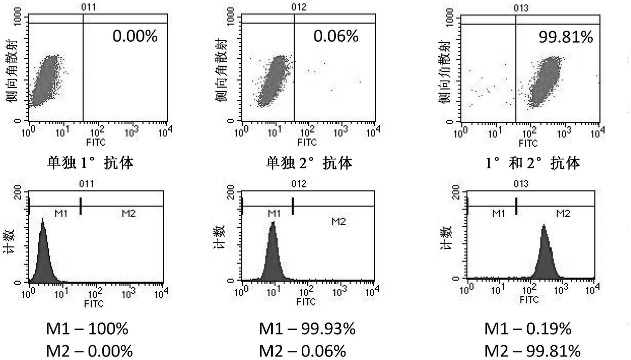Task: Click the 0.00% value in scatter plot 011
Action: [135, 36]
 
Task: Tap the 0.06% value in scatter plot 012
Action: [336, 36]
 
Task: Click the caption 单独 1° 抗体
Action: [90, 163]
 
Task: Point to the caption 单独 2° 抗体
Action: [309, 163]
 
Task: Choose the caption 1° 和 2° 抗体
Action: [533, 163]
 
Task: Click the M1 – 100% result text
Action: [87, 329]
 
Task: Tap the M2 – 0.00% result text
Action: [89, 351]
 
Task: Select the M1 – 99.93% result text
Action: [307, 329]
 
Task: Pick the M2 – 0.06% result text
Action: [303, 351]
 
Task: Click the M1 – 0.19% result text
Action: [528, 329]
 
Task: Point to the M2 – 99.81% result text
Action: [532, 351]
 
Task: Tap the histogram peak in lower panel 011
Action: [43, 219]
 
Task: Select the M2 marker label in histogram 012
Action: [338, 221]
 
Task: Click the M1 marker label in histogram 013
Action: [498, 213]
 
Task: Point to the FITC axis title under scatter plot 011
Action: [96, 143]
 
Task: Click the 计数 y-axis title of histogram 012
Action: [219, 237]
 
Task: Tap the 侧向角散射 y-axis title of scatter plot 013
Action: [445, 72]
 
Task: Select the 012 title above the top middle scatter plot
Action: [299, 7]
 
